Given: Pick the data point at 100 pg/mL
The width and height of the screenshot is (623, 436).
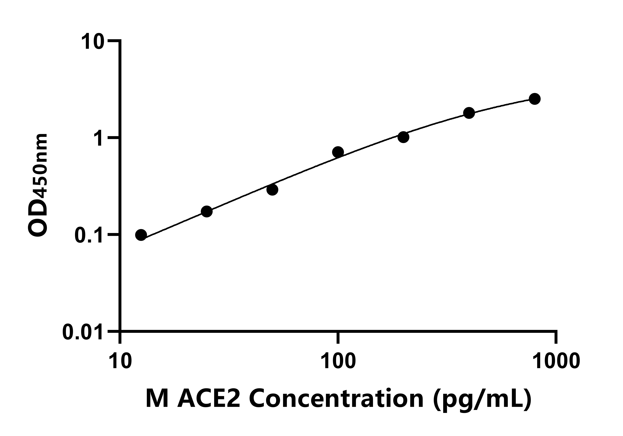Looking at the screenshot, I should pyautogui.click(x=338, y=152).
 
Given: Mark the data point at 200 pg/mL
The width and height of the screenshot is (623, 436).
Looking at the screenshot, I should pyautogui.click(x=403, y=137).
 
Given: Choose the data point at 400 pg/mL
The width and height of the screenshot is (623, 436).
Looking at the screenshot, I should pyautogui.click(x=469, y=113).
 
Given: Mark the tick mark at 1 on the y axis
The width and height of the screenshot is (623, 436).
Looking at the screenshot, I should pyautogui.click(x=114, y=138).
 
